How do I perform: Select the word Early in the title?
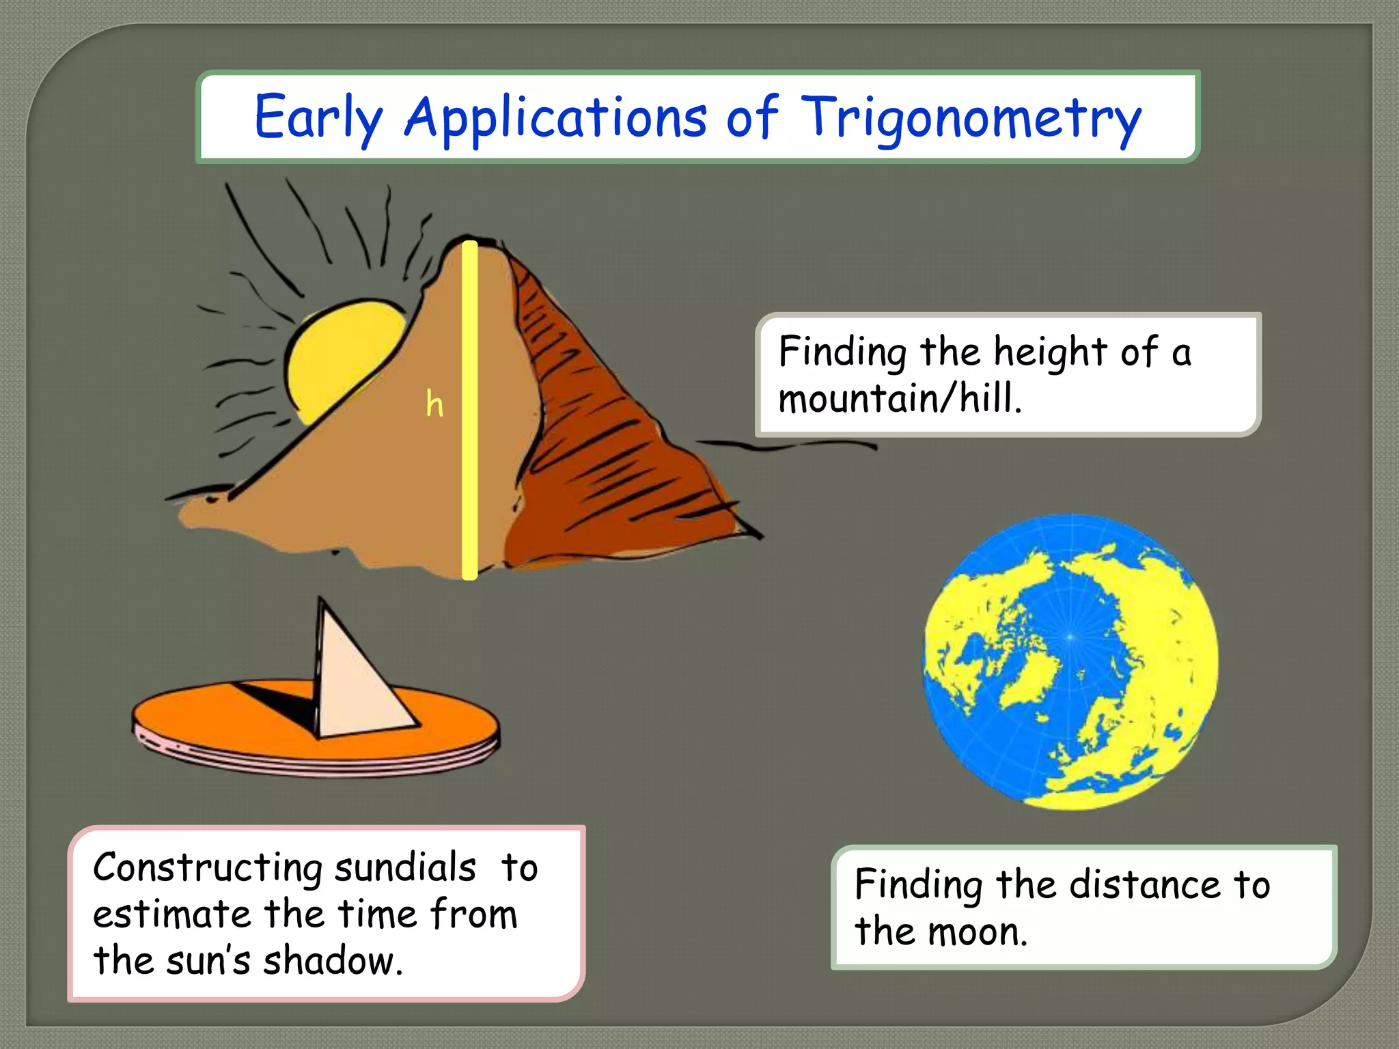(x=318, y=117)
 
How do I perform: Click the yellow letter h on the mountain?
(x=434, y=404)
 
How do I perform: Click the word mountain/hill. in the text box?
(x=900, y=398)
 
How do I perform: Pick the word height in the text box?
(x=1049, y=352)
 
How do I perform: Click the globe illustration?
(x=1070, y=662)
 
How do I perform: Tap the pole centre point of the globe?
(x=1070, y=637)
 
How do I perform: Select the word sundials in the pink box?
(x=404, y=867)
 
